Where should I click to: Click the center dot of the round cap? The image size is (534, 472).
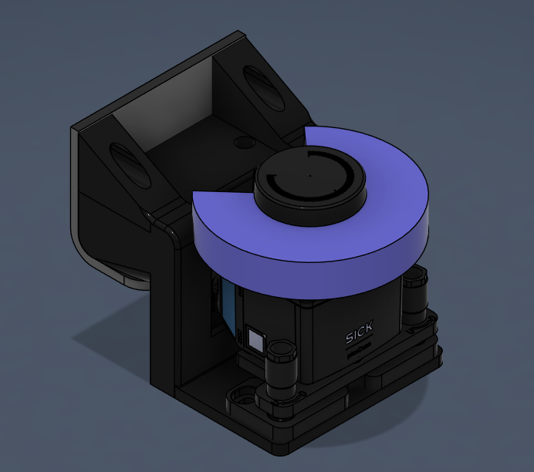[x=309, y=175]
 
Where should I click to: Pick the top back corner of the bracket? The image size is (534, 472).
[x=235, y=35]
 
